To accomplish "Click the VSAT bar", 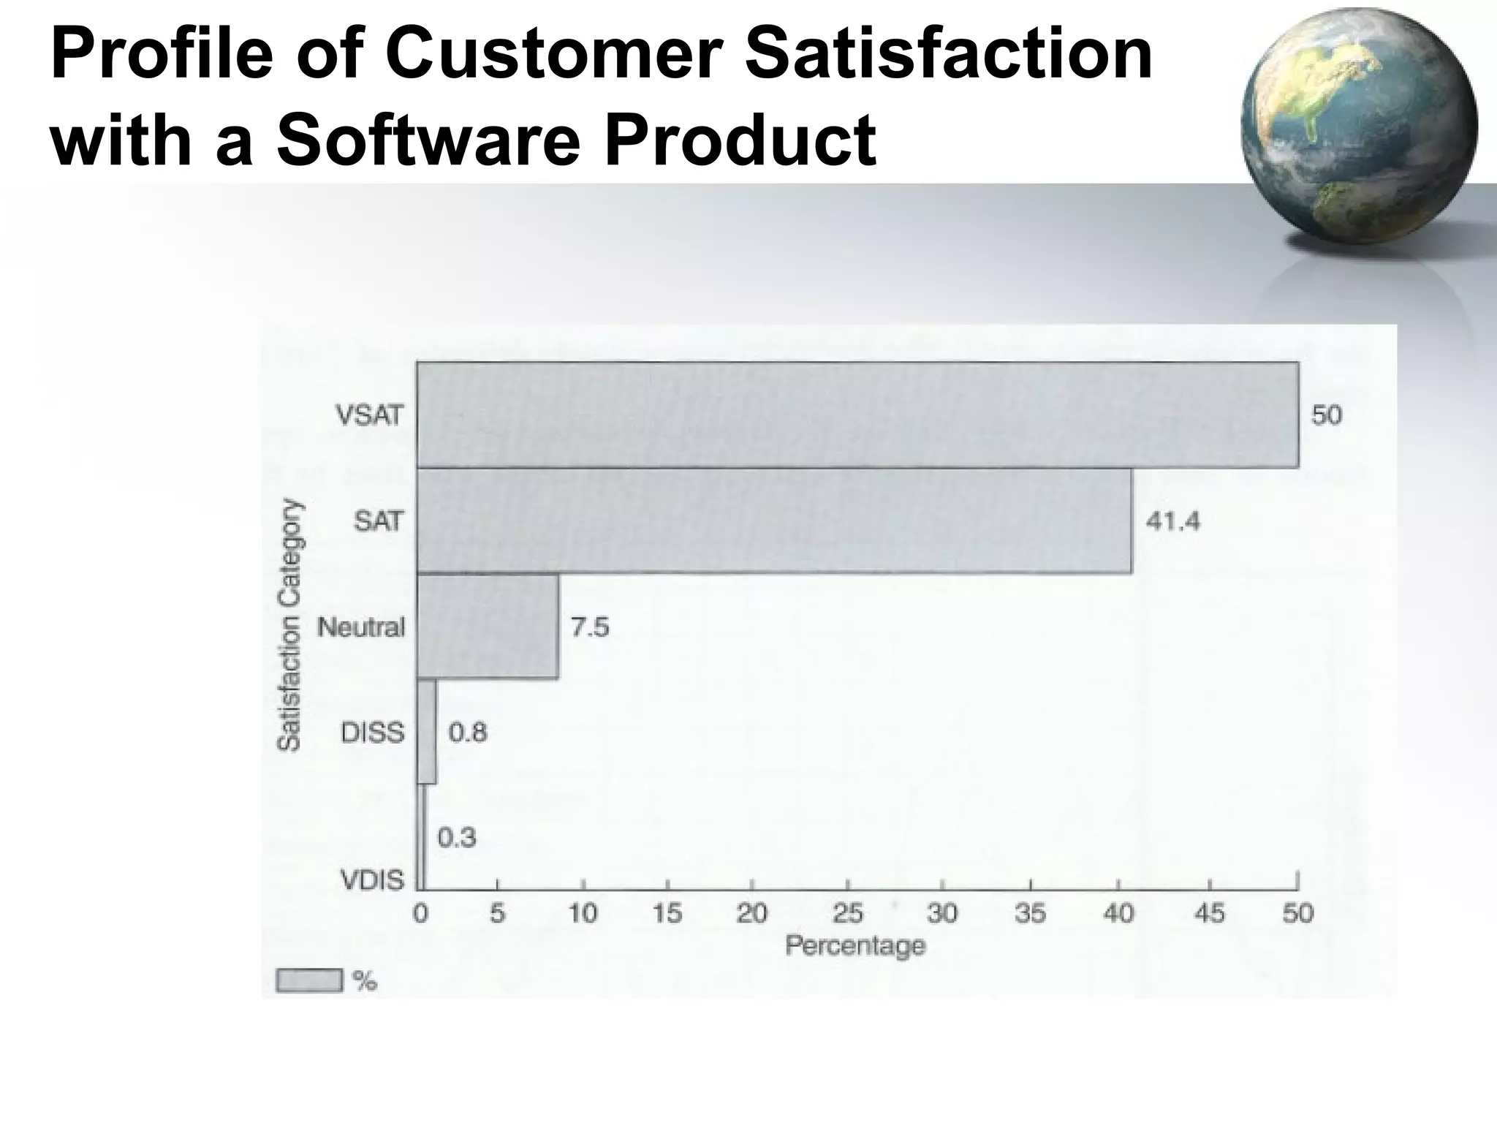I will click(857, 415).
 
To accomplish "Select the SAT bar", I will click(775, 521).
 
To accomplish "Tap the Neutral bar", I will click(488, 627).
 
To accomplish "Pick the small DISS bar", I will click(426, 732).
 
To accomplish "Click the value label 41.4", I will click(1172, 521).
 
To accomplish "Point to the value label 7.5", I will click(589, 627).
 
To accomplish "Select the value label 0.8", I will click(467, 732).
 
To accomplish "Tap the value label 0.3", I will click(456, 837).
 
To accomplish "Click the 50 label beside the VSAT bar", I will click(1326, 415).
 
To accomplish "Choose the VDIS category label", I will click(373, 880).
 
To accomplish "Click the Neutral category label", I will click(361, 627).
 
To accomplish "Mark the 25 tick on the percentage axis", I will click(847, 912).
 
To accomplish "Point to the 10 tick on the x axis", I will click(583, 912).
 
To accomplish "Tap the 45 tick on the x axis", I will click(1209, 912).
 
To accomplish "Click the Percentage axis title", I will click(855, 946).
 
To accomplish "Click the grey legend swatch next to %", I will click(308, 980).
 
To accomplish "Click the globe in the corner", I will click(1358, 126).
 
